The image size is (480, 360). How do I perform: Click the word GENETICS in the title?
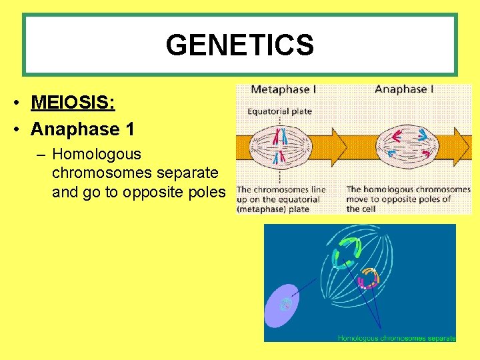(239, 45)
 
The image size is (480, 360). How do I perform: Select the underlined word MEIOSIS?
(73, 103)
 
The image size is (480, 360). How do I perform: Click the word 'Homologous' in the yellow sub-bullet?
(97, 154)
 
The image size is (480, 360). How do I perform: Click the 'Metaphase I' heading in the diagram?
(284, 89)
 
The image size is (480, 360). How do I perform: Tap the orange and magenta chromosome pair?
(369, 277)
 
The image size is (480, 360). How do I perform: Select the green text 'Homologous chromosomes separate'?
(396, 338)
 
